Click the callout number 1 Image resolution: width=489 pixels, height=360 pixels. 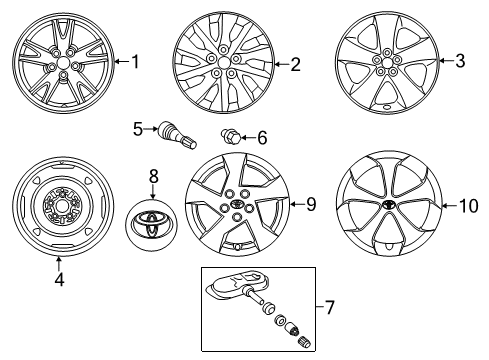pos(135,62)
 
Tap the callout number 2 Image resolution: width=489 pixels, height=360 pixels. pos(295,64)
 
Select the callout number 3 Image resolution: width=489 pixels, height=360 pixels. pos(460,61)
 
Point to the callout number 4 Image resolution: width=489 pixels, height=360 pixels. pos(59,279)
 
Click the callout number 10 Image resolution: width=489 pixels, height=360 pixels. pos(468,206)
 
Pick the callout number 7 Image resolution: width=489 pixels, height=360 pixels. pos(329,307)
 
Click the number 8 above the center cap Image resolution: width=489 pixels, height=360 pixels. pos(153,176)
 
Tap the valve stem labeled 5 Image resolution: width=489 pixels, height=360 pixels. pos(177,136)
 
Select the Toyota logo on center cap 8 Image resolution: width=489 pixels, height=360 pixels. pos(151,225)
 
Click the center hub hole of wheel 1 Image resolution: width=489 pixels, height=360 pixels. pos(63,62)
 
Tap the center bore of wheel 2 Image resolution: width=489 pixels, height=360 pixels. pos(224,62)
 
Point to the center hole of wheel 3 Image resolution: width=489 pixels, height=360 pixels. pos(386,62)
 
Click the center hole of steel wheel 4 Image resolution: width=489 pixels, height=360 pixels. pos(61,207)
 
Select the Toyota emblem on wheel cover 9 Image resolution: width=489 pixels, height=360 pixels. pos(237,204)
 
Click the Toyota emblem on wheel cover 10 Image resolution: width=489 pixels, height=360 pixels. pos(388,205)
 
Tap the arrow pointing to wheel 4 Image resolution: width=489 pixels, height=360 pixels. pos(59,264)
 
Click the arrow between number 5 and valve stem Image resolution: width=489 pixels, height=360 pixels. pos(151,129)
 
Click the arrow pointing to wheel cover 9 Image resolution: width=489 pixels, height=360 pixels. pos(297,204)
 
